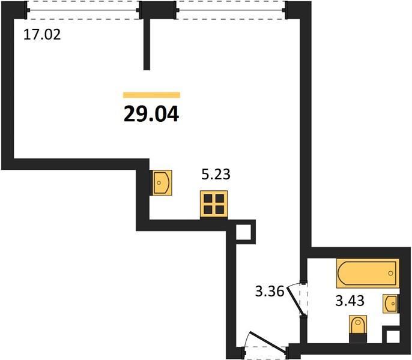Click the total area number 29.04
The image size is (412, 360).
[151, 114]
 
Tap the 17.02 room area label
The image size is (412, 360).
[42, 35]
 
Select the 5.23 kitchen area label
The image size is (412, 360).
[216, 175]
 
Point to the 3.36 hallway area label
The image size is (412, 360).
[270, 291]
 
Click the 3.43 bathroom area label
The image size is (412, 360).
[350, 301]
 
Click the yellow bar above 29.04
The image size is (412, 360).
[151, 95]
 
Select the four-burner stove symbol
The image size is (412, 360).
[214, 204]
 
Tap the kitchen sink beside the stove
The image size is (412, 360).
[160, 183]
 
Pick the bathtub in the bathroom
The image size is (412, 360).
[368, 274]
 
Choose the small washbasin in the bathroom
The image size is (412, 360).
[391, 304]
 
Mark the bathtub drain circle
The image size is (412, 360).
[390, 274]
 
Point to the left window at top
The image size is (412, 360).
[83, 10]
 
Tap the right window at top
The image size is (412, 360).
[231, 10]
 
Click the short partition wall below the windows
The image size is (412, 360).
[147, 44]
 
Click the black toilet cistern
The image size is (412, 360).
[358, 338]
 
